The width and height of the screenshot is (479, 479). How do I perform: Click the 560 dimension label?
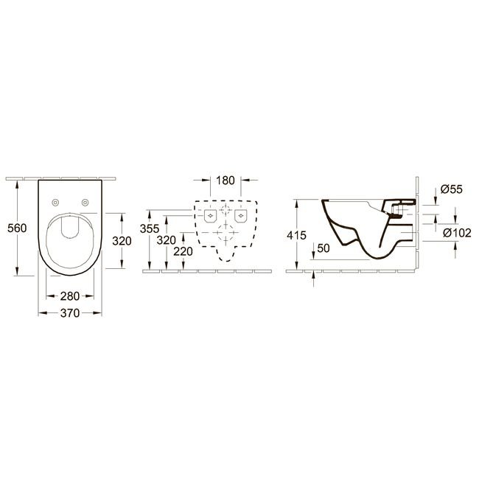pos(17,228)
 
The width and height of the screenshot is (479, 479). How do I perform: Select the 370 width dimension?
pos(70,313)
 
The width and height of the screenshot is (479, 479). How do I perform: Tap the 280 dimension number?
pos(70,296)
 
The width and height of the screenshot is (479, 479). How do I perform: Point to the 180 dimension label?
pos(225,181)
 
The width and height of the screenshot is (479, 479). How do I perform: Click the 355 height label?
pos(150,228)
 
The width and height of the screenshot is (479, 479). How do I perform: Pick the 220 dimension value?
pos(183,251)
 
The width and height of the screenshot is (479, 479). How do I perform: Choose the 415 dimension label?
pos(297,235)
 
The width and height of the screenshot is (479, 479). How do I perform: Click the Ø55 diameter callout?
pos(452,189)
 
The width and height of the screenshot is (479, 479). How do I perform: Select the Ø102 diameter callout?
pos(458,233)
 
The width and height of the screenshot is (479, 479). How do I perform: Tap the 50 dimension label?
pos(324,248)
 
